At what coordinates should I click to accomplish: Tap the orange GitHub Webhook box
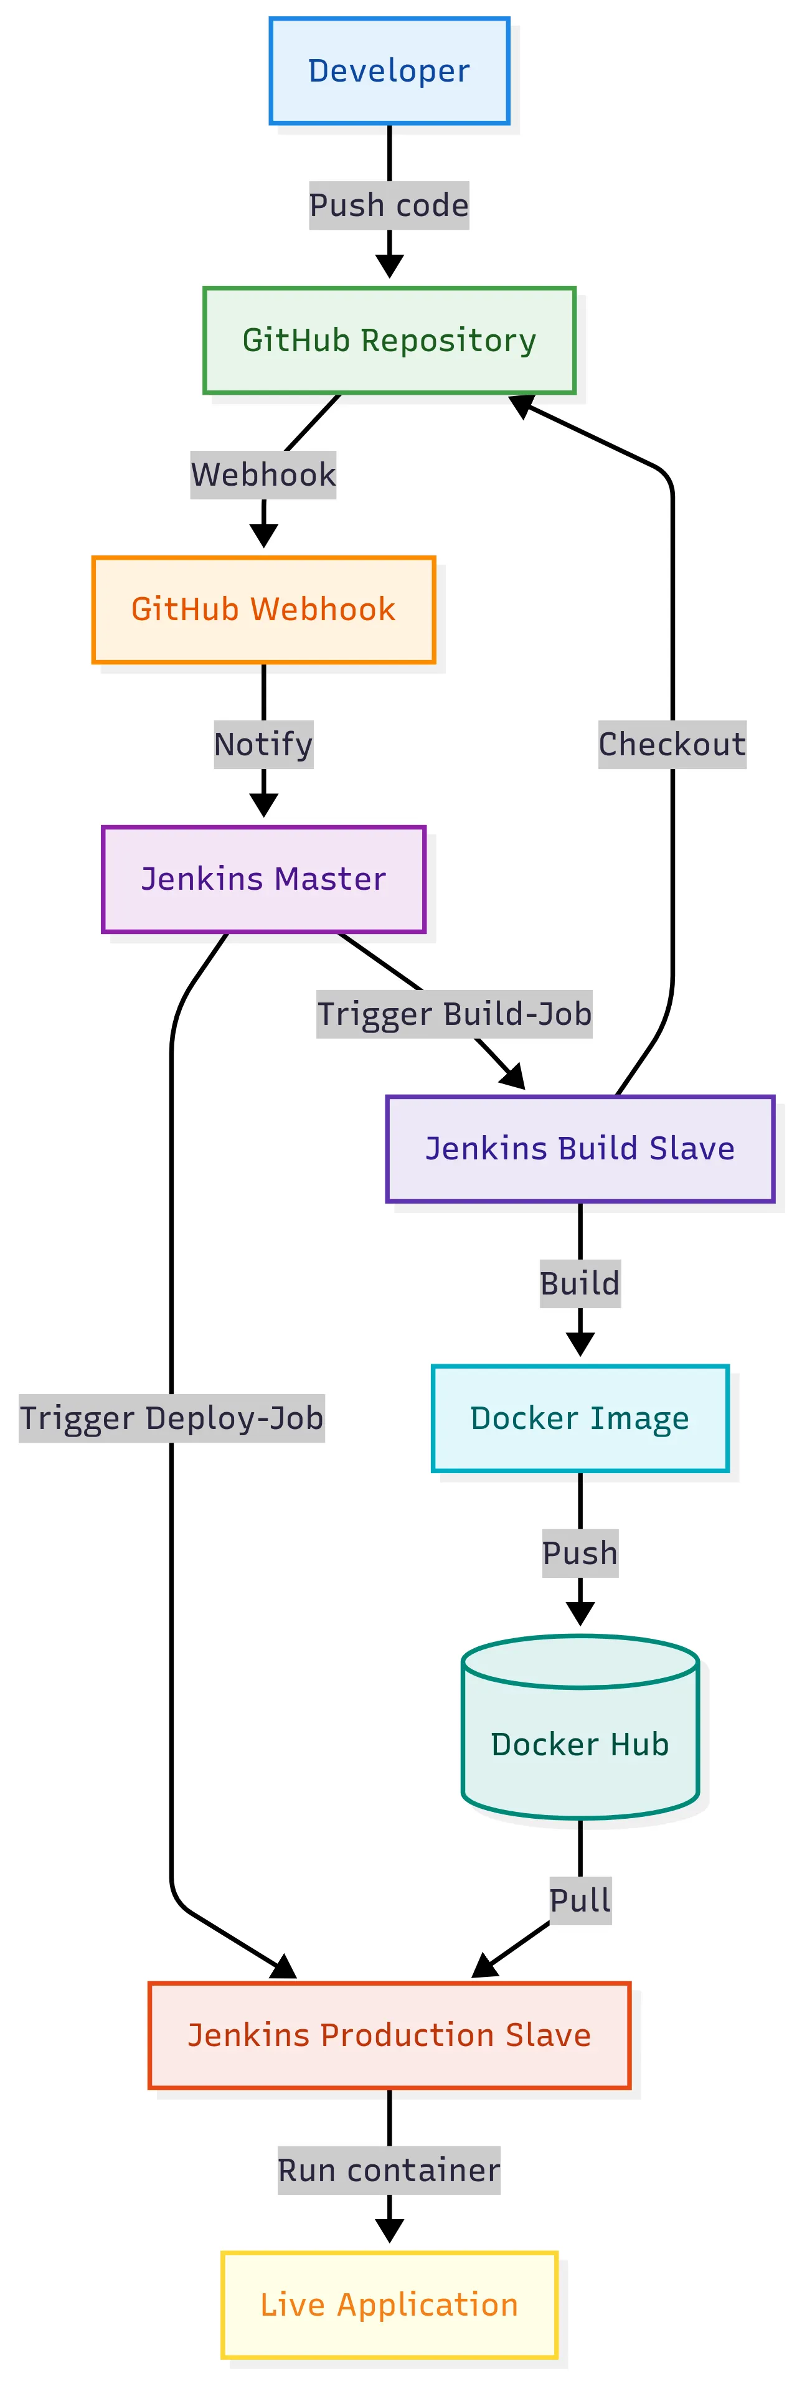[x=263, y=609]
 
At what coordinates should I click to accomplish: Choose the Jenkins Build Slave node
[x=580, y=1148]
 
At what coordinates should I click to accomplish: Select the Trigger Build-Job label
[x=454, y=1014]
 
